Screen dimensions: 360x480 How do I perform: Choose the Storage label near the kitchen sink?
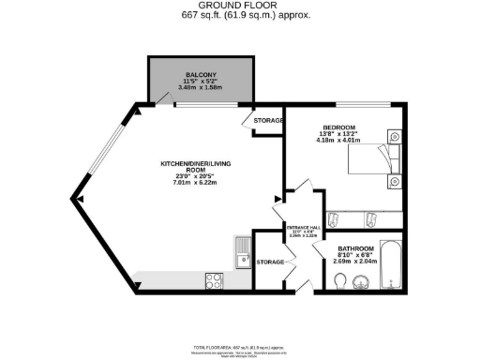pos(270,262)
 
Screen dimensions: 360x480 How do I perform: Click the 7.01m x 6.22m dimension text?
pos(195,183)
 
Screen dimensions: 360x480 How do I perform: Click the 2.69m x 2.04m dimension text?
pos(356,263)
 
